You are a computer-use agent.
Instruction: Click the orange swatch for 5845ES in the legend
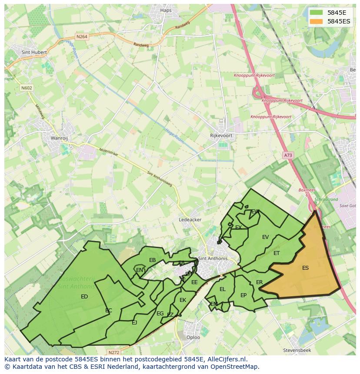click(x=317, y=21)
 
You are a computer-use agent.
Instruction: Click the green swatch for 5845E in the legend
click(x=317, y=13)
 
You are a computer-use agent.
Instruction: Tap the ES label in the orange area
click(x=305, y=268)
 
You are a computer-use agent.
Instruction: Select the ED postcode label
click(x=84, y=297)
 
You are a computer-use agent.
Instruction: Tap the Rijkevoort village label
click(x=221, y=136)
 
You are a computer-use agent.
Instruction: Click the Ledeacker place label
click(x=190, y=220)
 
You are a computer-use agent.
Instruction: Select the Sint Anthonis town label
click(x=213, y=258)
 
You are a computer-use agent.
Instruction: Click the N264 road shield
click(x=82, y=37)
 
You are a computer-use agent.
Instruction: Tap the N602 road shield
click(x=27, y=88)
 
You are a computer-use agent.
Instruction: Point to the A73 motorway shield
click(x=288, y=155)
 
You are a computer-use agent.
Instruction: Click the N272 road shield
click(x=113, y=352)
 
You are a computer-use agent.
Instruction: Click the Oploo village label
click(x=193, y=337)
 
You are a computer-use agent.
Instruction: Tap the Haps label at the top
click(x=166, y=10)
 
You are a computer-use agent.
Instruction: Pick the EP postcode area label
click(x=243, y=295)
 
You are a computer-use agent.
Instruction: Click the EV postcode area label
click(x=265, y=237)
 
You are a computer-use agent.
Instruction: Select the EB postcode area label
click(x=152, y=260)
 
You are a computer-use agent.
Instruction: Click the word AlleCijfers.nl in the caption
click(x=225, y=360)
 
